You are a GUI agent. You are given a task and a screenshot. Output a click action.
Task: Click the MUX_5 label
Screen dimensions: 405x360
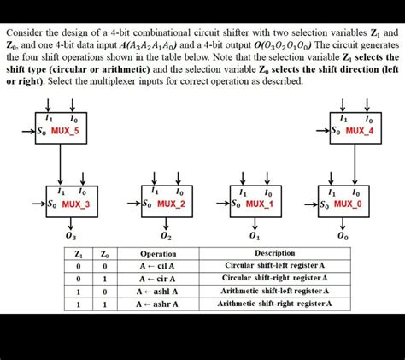pyautogui.click(x=66, y=131)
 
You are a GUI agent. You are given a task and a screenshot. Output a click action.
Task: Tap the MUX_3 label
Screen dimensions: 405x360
pyautogui.click(x=74, y=204)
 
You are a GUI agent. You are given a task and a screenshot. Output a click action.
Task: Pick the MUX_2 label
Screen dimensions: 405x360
pyautogui.click(x=171, y=204)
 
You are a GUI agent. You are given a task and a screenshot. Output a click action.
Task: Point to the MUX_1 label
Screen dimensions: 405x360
pyautogui.click(x=259, y=204)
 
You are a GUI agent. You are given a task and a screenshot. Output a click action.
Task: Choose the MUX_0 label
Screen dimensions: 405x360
pyautogui.click(x=348, y=204)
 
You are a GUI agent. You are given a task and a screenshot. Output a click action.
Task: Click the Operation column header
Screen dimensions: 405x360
pyautogui.click(x=158, y=254)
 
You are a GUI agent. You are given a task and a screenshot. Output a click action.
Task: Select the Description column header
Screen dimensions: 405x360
pyautogui.click(x=274, y=253)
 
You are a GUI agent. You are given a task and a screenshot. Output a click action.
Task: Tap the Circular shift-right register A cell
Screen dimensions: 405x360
pyautogui.click(x=274, y=278)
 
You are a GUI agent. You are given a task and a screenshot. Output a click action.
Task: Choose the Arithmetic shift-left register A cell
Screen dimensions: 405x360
pyautogui.click(x=274, y=291)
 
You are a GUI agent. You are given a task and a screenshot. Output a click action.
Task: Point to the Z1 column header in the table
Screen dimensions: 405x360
pyautogui.click(x=79, y=254)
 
